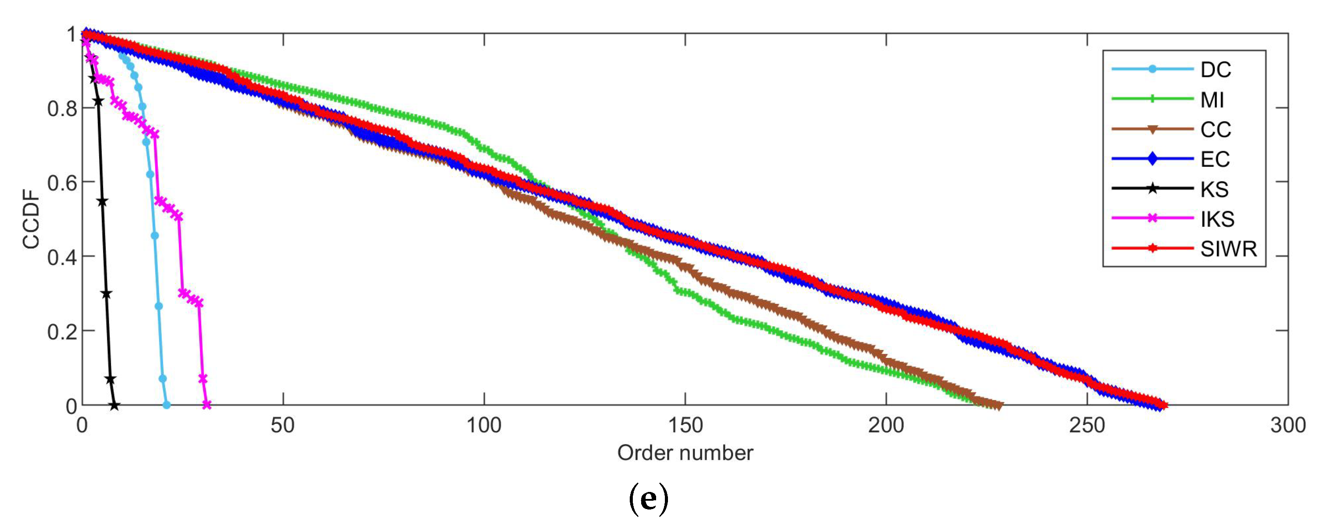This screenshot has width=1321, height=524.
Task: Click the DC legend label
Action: coord(1215,70)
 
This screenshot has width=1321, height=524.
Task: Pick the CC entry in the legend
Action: coord(1215,130)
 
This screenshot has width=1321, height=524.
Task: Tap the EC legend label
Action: coord(1215,159)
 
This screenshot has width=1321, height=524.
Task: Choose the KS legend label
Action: coord(1214,189)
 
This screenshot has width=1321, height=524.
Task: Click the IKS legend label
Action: coord(1217,219)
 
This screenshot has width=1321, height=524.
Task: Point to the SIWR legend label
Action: coord(1228,249)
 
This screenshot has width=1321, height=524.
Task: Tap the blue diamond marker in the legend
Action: coord(1152,159)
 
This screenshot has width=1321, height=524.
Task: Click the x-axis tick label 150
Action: coord(685,426)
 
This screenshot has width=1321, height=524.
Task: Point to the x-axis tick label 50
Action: coord(282,426)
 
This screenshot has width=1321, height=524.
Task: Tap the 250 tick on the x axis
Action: coord(1086,426)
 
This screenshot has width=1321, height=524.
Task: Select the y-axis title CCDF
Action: coord(31,219)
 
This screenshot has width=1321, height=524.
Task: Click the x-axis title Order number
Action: coord(685,453)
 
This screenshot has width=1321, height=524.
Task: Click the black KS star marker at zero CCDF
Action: coord(114,405)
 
